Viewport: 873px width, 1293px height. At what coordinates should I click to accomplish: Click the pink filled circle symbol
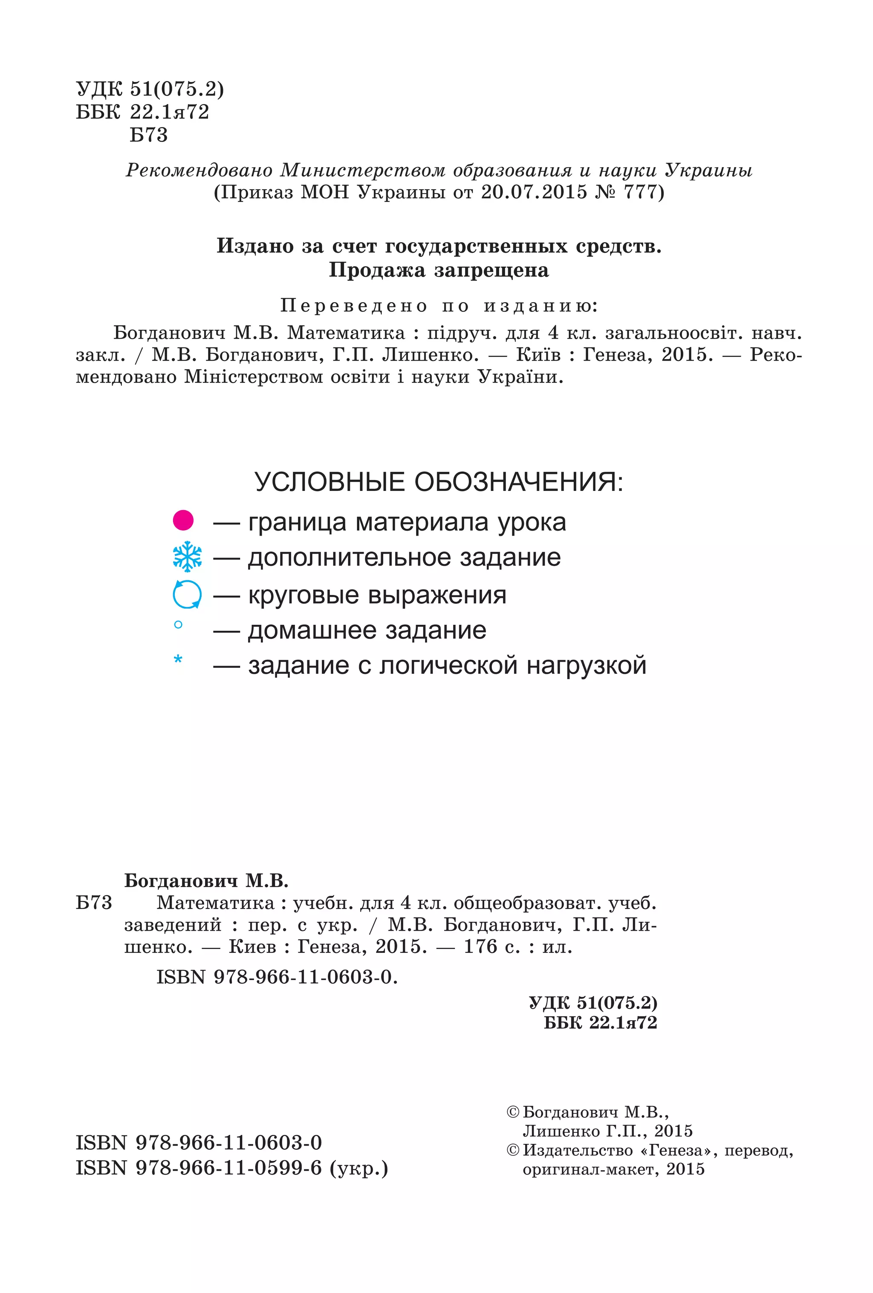[183, 520]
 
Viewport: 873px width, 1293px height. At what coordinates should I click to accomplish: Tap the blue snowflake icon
[188, 557]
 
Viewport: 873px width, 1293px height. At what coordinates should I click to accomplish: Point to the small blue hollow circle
[178, 624]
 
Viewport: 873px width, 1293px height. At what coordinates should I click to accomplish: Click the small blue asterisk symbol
[178, 660]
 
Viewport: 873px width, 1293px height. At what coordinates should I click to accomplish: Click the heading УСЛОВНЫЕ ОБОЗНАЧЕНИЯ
[439, 482]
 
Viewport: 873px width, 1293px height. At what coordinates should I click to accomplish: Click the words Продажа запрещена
[439, 270]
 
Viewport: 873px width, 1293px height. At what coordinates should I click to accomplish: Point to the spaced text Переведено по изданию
[439, 306]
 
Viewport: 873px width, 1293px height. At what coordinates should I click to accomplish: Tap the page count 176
[480, 947]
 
